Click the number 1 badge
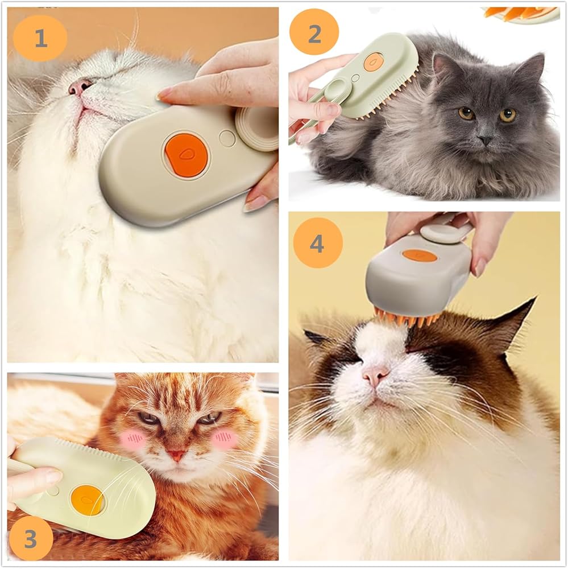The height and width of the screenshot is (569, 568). (40, 38)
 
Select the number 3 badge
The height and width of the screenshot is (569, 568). (31, 538)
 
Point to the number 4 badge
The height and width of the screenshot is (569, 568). (318, 243)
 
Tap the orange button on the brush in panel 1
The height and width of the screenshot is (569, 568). (186, 155)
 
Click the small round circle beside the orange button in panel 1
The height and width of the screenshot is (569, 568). (227, 138)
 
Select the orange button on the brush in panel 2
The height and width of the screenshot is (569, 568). (373, 62)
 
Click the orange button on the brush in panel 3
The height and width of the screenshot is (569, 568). (87, 500)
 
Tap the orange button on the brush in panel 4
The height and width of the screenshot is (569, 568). (420, 255)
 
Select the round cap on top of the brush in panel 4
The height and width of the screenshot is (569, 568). (441, 233)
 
